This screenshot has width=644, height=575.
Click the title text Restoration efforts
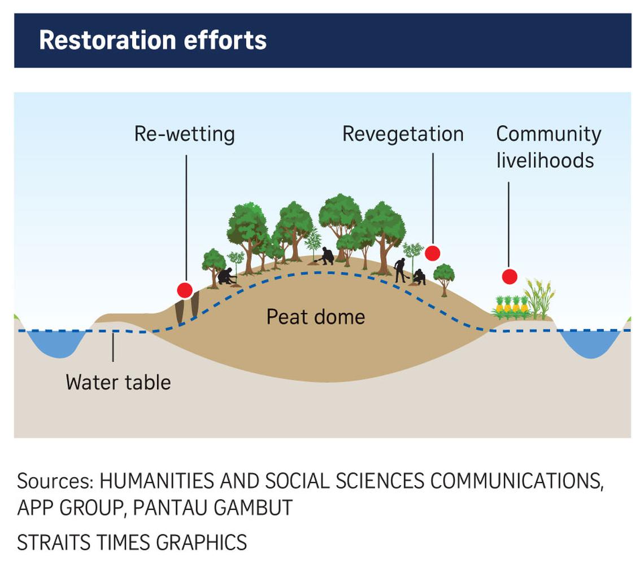pyautogui.click(x=153, y=41)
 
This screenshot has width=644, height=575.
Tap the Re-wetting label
pyautogui.click(x=184, y=134)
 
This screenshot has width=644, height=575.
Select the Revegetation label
pyautogui.click(x=403, y=134)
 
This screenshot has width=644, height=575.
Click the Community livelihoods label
pyautogui.click(x=548, y=147)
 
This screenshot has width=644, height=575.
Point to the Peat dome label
pyautogui.click(x=315, y=317)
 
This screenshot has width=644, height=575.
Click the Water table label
pyautogui.click(x=118, y=382)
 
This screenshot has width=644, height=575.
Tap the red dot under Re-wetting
pyautogui.click(x=185, y=290)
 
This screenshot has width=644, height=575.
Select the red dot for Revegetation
pyautogui.click(x=433, y=253)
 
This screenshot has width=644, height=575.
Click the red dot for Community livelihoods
pyautogui.click(x=510, y=277)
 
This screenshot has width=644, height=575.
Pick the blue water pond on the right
pyautogui.click(x=589, y=342)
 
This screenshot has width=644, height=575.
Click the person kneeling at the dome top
pyautogui.click(x=327, y=256)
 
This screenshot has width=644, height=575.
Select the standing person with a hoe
pyautogui.click(x=400, y=270)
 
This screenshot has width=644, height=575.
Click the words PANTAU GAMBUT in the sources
pyautogui.click(x=213, y=507)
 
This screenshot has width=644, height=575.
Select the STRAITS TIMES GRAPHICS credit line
pyautogui.click(x=132, y=542)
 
